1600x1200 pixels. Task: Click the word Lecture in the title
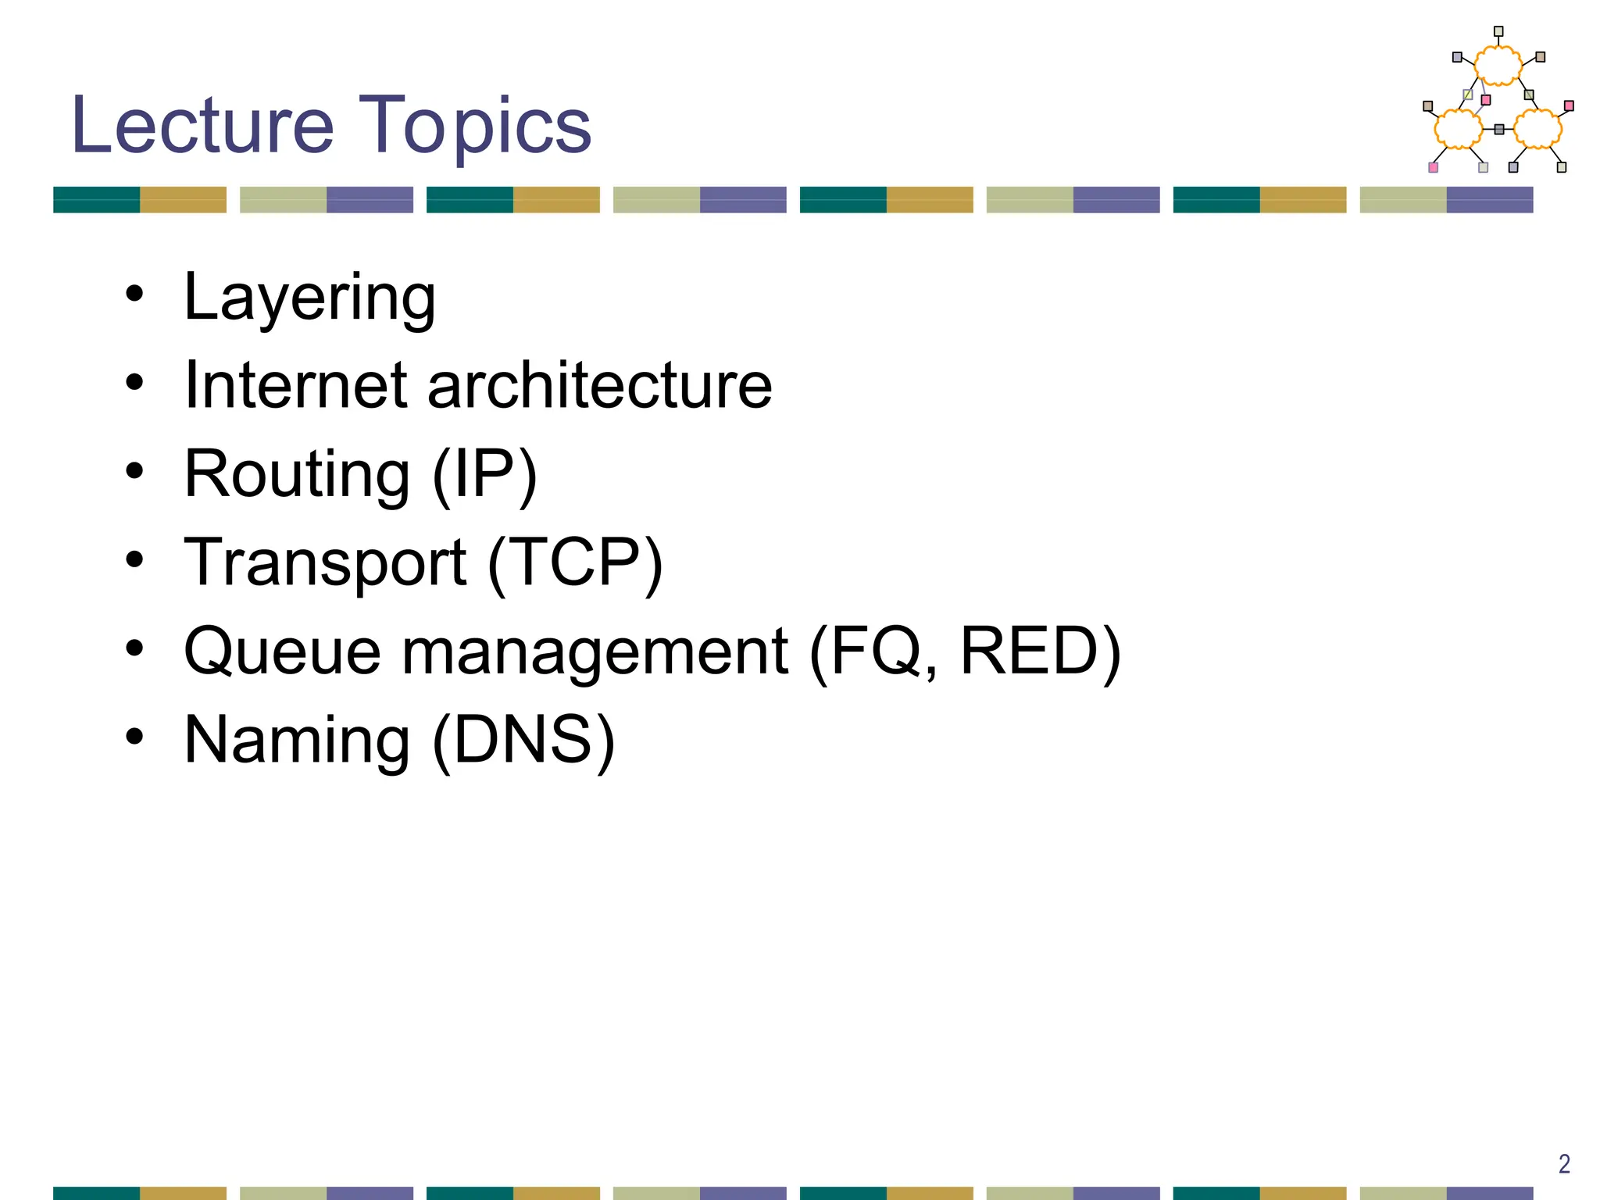[x=202, y=125]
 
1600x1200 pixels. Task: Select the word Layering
[x=309, y=298]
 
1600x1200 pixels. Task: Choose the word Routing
[x=297, y=475]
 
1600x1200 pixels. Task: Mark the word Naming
[x=297, y=741]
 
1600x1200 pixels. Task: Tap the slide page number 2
[x=1564, y=1164]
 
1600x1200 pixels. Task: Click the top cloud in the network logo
[x=1498, y=65]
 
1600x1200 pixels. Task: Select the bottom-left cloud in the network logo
[x=1458, y=128]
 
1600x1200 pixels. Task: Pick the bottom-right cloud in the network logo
[x=1537, y=128]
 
